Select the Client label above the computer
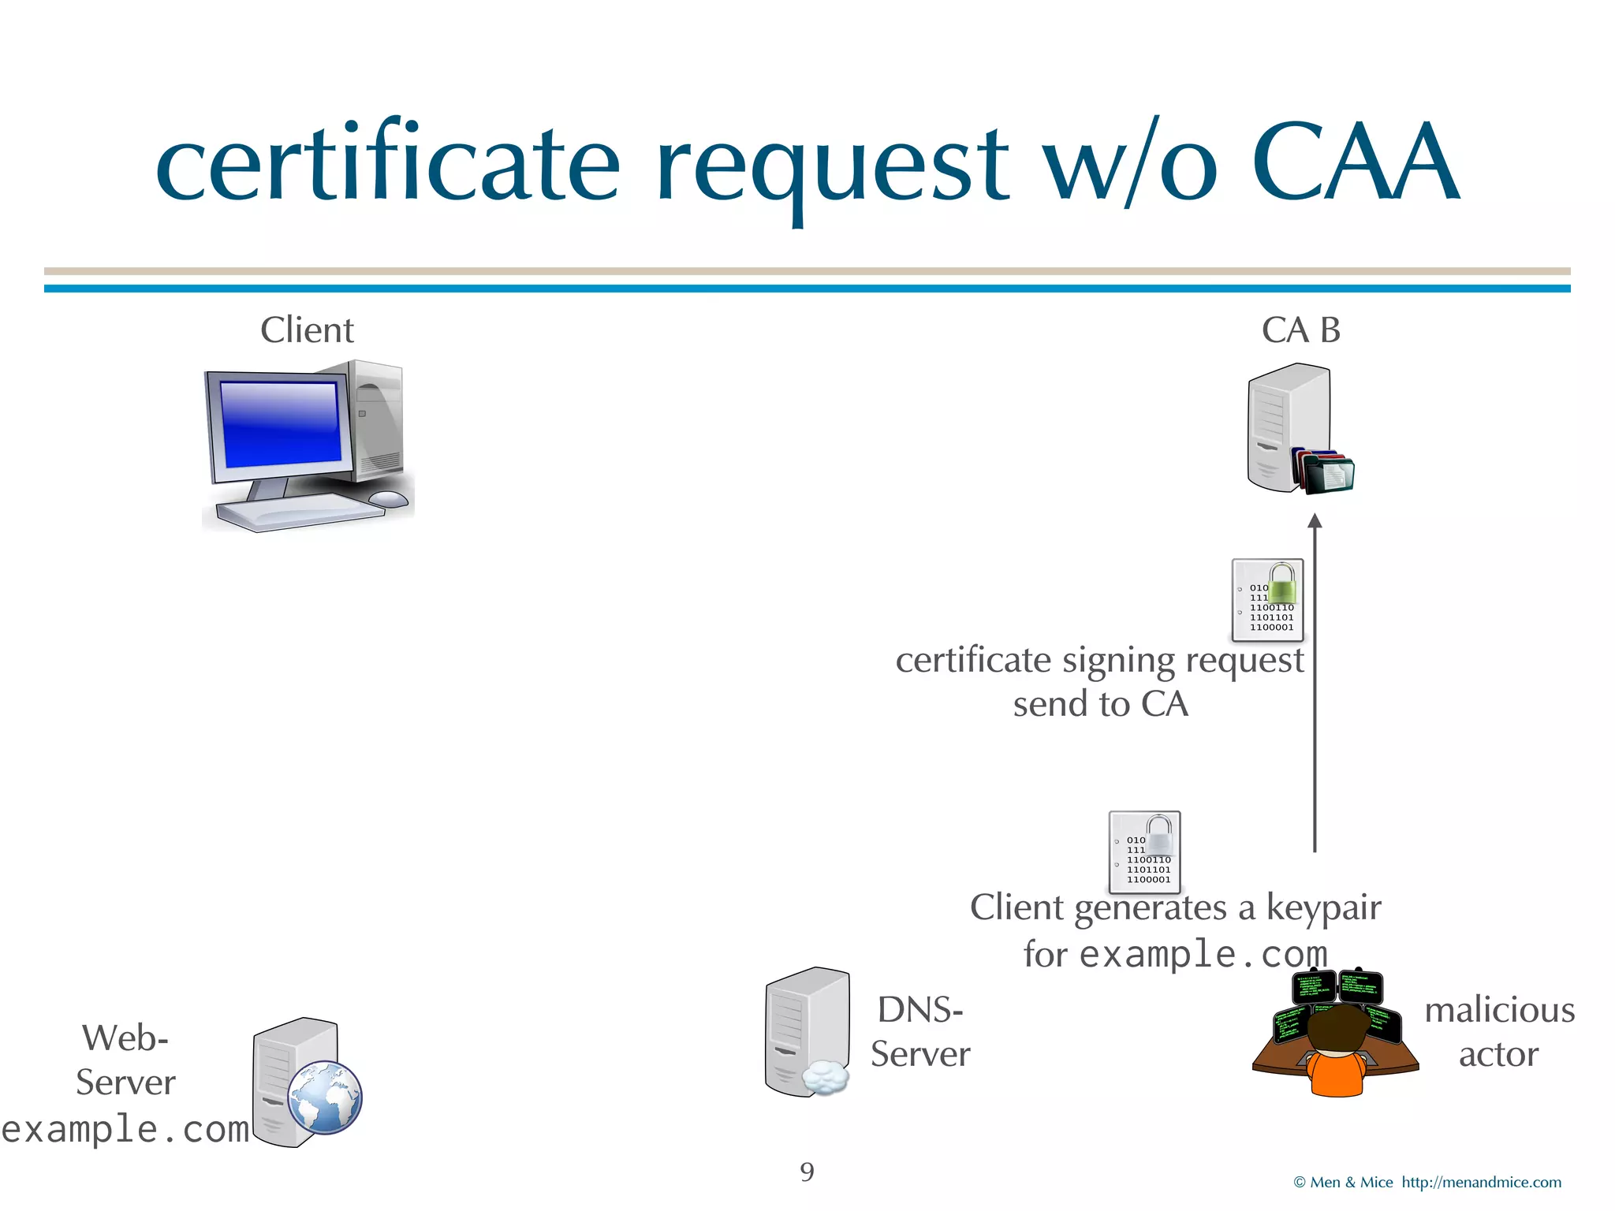coord(307,330)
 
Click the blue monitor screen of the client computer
coord(281,424)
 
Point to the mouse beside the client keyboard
coord(388,498)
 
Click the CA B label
coord(1300,330)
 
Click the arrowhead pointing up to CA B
coord(1315,521)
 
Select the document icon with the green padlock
coord(1268,600)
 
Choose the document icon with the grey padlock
coord(1145,852)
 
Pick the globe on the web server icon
coord(324,1097)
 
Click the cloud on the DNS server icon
coord(825,1077)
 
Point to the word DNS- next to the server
coord(920,1010)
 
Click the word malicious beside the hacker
coord(1499,1010)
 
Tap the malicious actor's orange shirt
coord(1337,1074)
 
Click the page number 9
coord(807,1172)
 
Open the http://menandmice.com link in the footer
coord(1481,1183)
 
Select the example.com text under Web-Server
coord(126,1129)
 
